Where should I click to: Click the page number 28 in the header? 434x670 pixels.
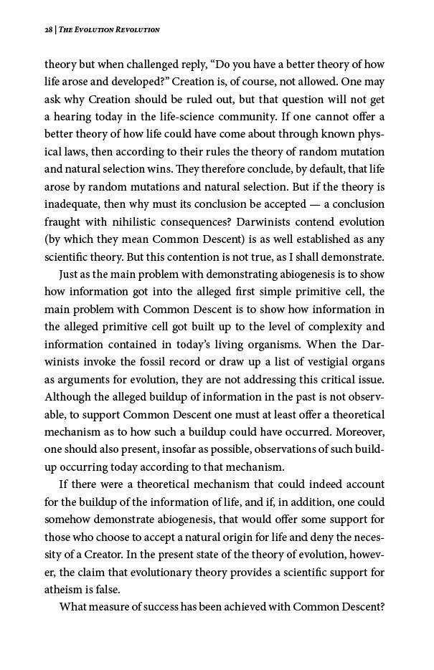coord(49,29)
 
